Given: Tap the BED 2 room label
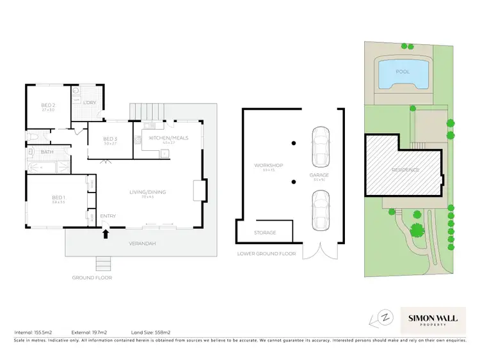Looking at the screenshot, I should coord(49,106).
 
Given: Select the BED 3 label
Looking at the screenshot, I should coord(110,139).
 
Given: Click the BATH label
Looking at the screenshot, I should coord(47,152).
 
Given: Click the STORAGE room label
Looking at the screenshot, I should coord(264,232).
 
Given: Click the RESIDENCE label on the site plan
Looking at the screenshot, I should coord(405,170).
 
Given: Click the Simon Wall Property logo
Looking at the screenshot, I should coord(435,317).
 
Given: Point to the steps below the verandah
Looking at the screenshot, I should coord(104,264).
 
